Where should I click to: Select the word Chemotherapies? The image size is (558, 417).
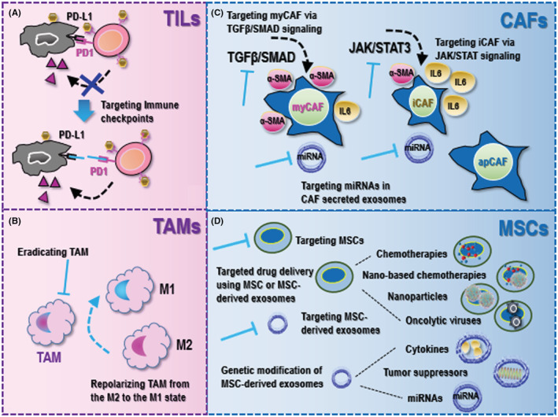tap(411, 254)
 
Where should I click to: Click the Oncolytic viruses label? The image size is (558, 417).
tap(442, 320)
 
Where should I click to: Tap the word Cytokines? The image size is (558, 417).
tap(427, 349)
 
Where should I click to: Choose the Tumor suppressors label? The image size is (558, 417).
tap(424, 372)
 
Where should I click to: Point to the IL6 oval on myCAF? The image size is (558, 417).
tap(345, 111)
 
